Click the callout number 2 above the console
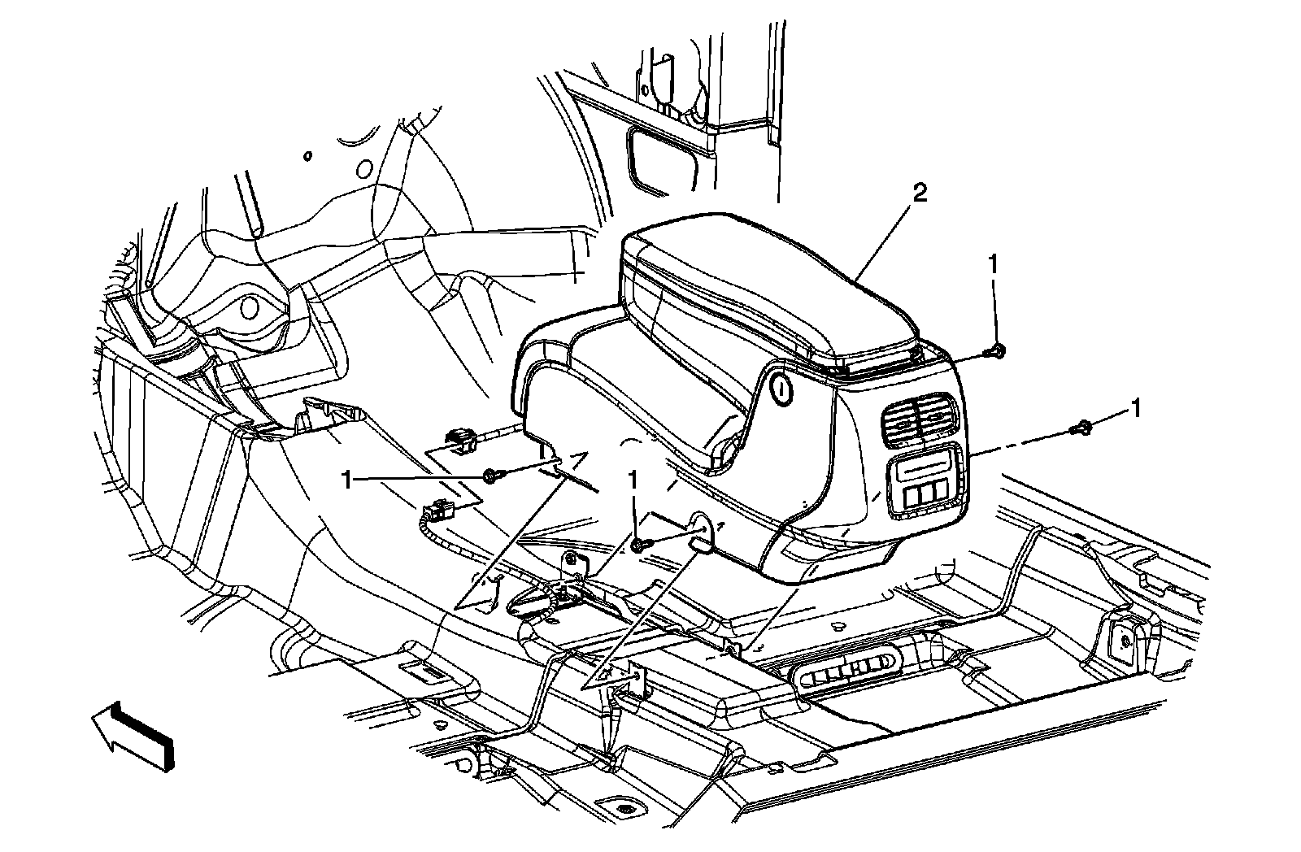(x=920, y=193)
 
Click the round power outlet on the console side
(x=781, y=392)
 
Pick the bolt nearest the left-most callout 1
(x=491, y=476)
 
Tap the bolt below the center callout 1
(x=640, y=545)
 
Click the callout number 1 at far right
(x=1135, y=408)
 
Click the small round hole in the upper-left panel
(x=307, y=154)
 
